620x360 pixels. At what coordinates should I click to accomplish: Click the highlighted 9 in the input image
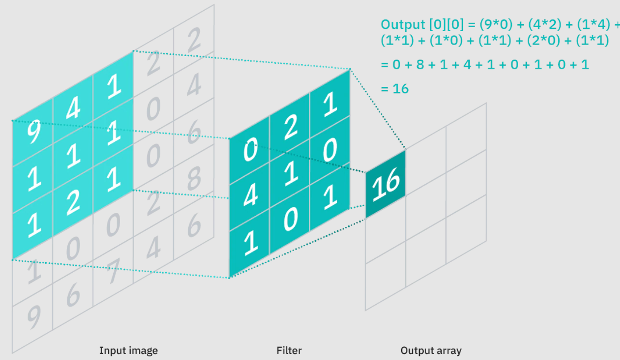[x=33, y=132]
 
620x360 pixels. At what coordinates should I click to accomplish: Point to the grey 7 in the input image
[x=113, y=271]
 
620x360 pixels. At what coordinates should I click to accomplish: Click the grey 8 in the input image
[x=194, y=178]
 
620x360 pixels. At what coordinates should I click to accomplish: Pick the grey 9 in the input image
[x=33, y=317]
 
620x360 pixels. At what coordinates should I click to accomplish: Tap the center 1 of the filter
[x=290, y=174]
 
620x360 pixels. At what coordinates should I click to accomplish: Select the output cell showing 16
[x=386, y=184]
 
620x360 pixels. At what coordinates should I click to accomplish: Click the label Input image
[x=128, y=351]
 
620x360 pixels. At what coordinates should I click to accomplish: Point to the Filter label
[x=289, y=351]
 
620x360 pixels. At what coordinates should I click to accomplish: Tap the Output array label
[x=431, y=351]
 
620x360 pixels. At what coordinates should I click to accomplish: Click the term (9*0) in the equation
[x=496, y=24]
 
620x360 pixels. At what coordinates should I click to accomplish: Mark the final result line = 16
[x=395, y=89]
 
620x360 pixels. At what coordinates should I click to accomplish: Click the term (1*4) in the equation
[x=594, y=24]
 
